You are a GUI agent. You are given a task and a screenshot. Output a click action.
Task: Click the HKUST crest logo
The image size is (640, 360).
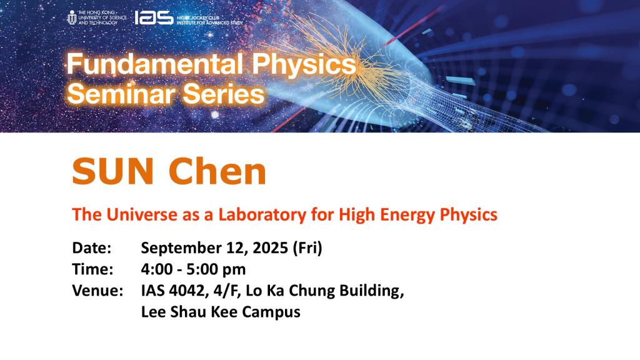[71, 17]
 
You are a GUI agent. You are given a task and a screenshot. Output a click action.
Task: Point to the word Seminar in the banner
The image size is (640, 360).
[111, 94]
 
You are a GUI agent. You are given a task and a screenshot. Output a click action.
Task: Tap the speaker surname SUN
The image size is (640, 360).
[112, 171]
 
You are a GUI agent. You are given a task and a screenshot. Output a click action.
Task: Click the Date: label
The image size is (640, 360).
[92, 248]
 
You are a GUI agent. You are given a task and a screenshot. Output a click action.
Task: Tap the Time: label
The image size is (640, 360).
[92, 269]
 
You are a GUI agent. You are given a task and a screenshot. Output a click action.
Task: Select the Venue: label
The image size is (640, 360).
[97, 291]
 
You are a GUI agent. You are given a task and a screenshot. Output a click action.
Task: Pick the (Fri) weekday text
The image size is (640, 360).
[307, 248]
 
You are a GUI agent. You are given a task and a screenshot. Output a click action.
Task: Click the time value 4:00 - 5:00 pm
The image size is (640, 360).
[193, 269]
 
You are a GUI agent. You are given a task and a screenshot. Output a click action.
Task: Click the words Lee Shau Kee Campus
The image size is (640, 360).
[221, 312]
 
